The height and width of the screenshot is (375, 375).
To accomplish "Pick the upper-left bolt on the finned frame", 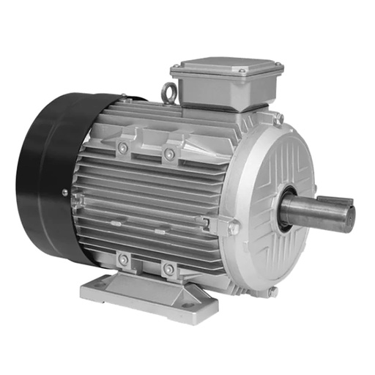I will click(x=123, y=148).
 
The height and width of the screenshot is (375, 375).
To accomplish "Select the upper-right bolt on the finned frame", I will click(x=169, y=154).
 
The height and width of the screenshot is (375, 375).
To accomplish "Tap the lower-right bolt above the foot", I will click(x=168, y=269).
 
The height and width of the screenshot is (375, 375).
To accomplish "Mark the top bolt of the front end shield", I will click(x=279, y=117).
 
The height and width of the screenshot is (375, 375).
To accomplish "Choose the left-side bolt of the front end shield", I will click(x=234, y=228).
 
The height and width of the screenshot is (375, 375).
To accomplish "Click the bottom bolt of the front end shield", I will click(x=272, y=292).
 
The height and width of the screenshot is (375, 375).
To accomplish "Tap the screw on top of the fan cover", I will click(x=124, y=95).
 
